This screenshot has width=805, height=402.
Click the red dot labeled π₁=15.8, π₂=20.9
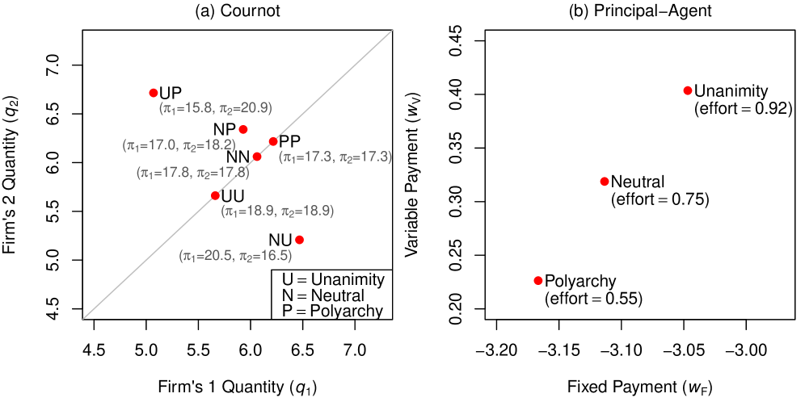154,93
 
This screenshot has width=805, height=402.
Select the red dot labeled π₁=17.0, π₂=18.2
243,129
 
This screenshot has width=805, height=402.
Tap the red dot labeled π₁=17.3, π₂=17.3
273,141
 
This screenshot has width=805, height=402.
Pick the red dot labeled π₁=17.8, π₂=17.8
257,157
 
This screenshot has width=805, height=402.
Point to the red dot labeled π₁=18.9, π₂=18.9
215,195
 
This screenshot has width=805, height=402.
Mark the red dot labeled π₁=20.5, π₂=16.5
299,240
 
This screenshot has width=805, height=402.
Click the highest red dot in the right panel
688,90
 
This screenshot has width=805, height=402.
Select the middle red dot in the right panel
605,182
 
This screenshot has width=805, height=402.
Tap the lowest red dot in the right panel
538,280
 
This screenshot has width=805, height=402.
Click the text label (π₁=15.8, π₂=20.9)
216,107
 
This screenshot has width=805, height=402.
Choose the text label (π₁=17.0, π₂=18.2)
179,145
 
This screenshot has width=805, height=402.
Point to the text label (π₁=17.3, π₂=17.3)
335,157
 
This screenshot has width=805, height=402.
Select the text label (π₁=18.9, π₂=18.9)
277,211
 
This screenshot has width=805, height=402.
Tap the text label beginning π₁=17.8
192,172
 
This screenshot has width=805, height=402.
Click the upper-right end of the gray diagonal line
392,31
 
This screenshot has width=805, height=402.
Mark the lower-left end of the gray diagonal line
83,318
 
